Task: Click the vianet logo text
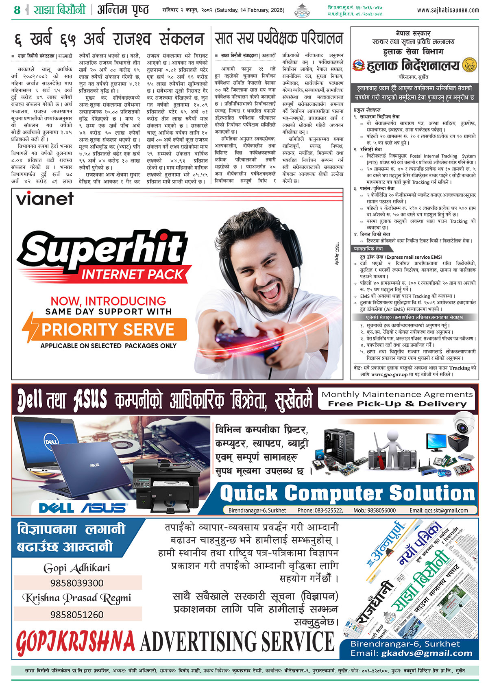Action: (45, 199)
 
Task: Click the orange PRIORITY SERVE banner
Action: (107, 329)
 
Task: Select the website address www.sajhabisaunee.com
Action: (448, 10)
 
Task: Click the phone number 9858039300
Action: (77, 583)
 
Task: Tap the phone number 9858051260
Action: (77, 614)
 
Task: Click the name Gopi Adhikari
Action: (77, 568)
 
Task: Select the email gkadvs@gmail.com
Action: (427, 653)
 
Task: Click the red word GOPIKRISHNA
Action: (76, 642)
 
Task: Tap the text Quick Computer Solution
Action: (347, 494)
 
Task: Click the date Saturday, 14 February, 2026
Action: (250, 10)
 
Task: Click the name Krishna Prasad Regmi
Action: (77, 598)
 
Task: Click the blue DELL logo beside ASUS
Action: (56, 508)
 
